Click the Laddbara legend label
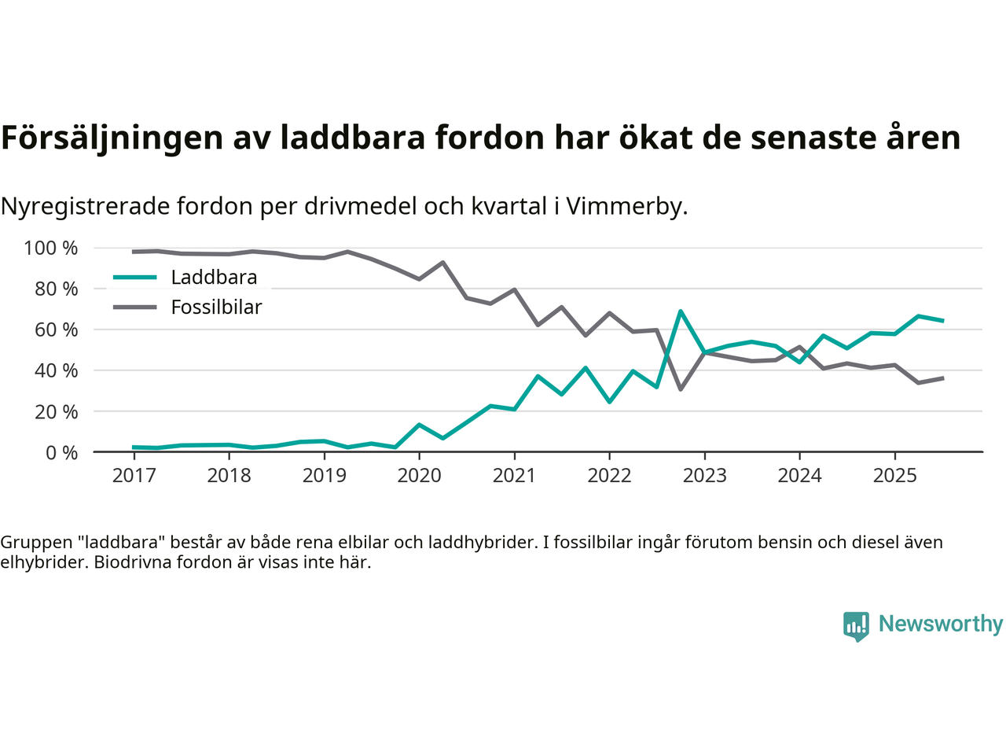point(214,278)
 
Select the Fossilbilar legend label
point(216,308)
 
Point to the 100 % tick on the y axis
point(51,249)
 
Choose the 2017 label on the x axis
point(134,476)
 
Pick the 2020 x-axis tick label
point(419,476)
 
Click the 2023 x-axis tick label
point(704,476)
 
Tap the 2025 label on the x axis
point(894,476)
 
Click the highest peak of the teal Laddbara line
point(681,311)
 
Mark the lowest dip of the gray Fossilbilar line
point(681,389)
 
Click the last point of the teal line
point(942,321)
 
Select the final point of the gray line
point(942,378)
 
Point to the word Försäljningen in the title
point(112,138)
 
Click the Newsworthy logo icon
point(856,626)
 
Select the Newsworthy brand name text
point(940,624)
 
